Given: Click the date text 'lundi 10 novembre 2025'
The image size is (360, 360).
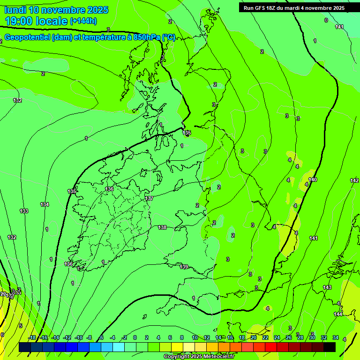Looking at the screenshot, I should click(x=56, y=10).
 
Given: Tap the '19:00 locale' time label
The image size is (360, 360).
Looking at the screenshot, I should click(x=36, y=21).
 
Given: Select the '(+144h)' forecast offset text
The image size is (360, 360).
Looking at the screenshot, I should click(x=83, y=21).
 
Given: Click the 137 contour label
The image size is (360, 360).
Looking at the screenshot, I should click(x=150, y=198).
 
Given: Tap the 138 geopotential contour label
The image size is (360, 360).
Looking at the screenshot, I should click(x=162, y=227).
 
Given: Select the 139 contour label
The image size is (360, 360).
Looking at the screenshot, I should click(x=184, y=267).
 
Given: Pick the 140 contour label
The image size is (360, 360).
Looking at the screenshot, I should click(x=313, y=180).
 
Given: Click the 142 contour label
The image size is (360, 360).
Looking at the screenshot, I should click(x=354, y=180).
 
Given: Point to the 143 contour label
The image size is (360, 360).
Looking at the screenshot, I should click(x=327, y=287).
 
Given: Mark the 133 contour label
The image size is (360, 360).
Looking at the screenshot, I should click(x=24, y=211).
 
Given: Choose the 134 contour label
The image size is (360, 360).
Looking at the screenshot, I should click(x=45, y=204).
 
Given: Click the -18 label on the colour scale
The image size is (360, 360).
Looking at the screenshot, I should click(x=32, y=337).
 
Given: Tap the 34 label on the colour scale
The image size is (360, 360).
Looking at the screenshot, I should click(x=336, y=337).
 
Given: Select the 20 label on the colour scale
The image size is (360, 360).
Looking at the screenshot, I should click(x=254, y=337).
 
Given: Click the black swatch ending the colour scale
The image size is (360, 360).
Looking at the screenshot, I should click(x=330, y=347).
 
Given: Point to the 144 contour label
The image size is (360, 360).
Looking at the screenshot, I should click(x=338, y=314).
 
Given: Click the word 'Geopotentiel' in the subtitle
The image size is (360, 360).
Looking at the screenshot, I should click(x=27, y=37).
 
